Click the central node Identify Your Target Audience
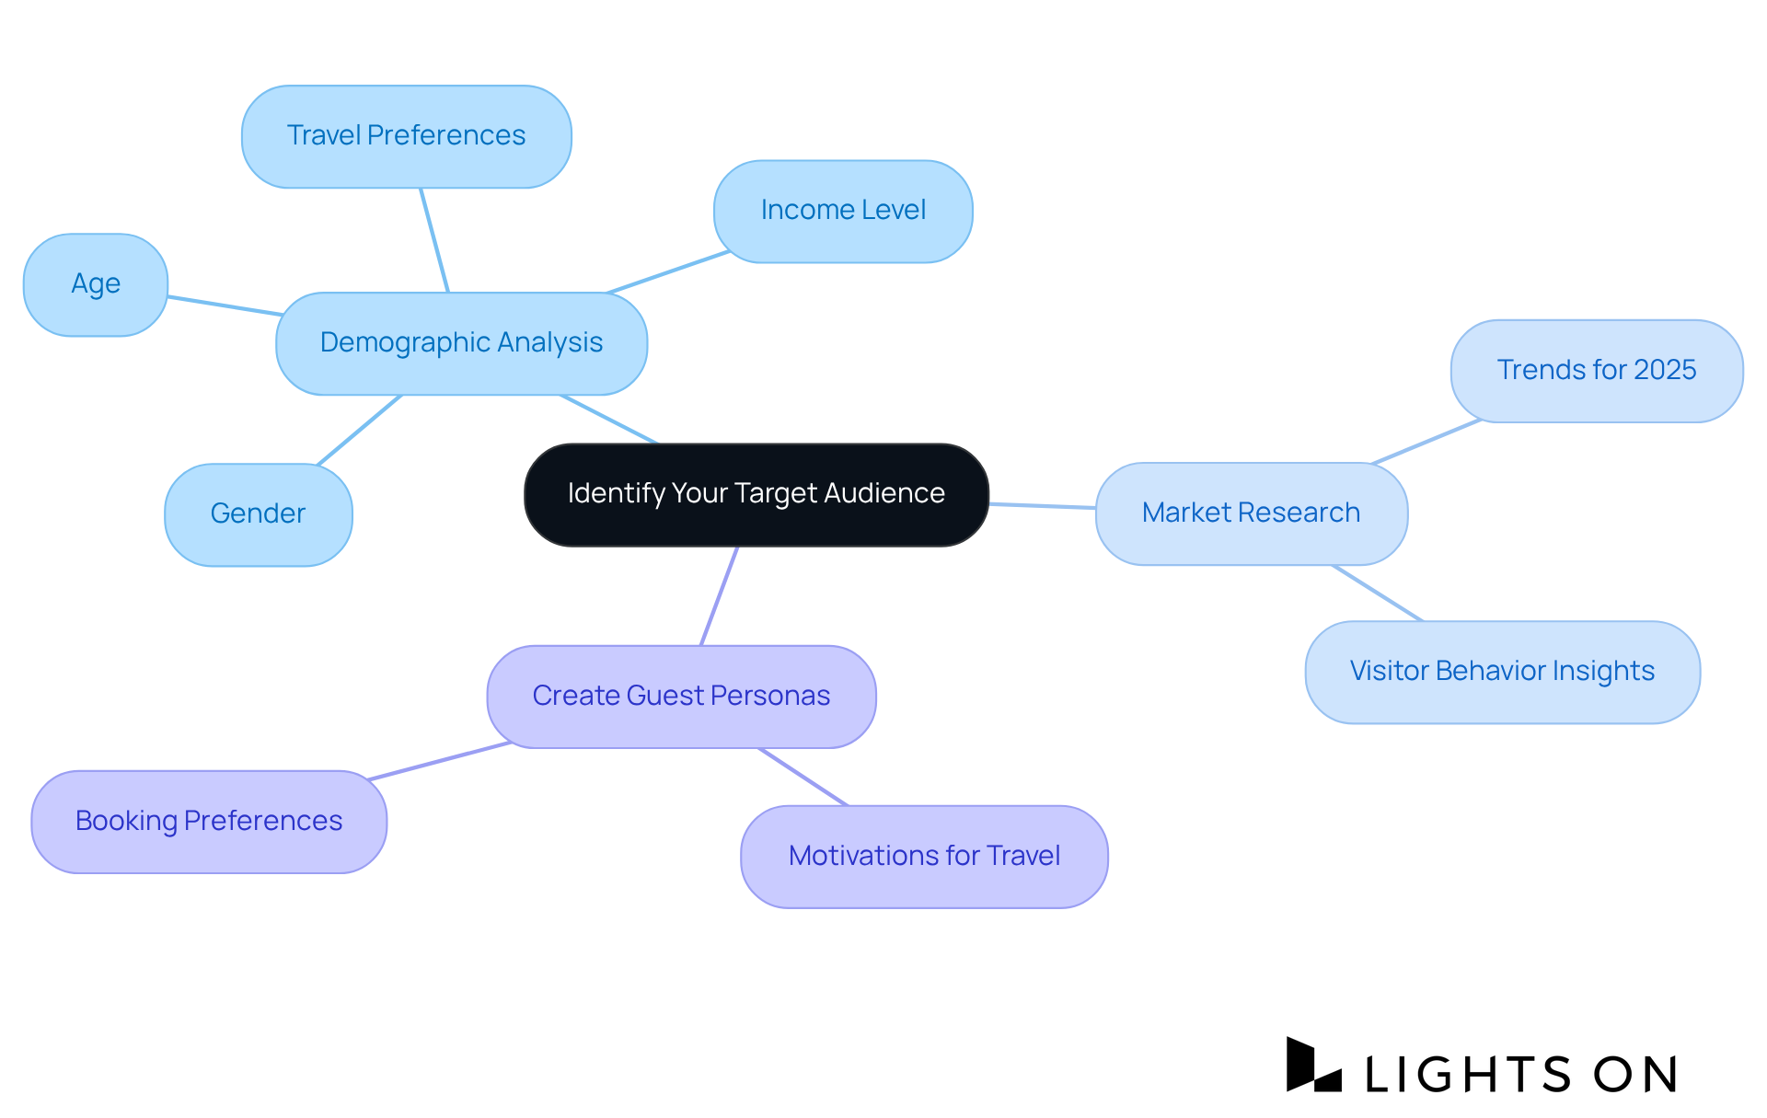point(756,494)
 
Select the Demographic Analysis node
point(461,343)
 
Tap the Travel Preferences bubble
point(406,136)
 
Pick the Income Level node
point(843,211)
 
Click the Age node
point(96,284)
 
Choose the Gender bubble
point(258,513)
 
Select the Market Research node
point(1251,513)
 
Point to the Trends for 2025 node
point(1596,371)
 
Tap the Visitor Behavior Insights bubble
point(1502,672)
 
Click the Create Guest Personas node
point(681,697)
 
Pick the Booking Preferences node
point(209,821)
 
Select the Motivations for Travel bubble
point(924,857)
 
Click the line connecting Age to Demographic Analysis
point(224,305)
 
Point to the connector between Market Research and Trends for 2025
point(1426,442)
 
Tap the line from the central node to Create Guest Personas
point(720,595)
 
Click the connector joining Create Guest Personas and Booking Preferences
point(439,761)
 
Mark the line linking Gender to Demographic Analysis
point(360,430)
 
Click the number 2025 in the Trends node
point(1665,371)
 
